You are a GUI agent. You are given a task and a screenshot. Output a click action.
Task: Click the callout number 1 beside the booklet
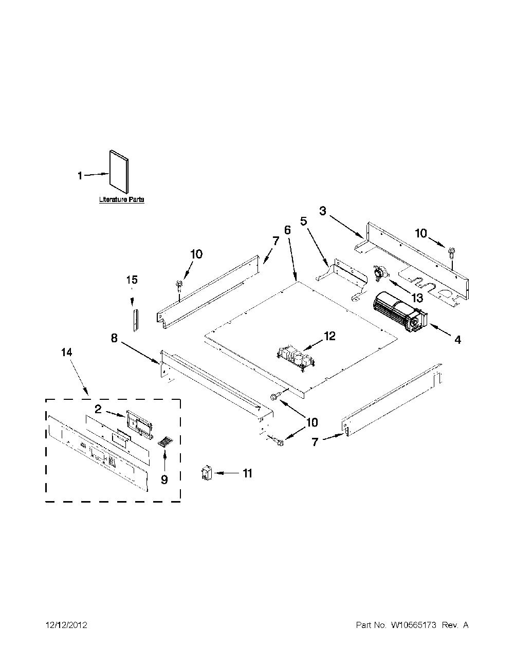pyautogui.click(x=80, y=176)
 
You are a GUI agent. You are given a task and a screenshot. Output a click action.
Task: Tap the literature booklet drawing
pyautogui.click(x=119, y=172)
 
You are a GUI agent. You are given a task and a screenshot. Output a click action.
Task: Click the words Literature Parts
pyautogui.click(x=121, y=199)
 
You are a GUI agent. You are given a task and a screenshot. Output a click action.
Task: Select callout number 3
pyautogui.click(x=323, y=211)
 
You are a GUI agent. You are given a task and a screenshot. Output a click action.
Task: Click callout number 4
pyautogui.click(x=457, y=339)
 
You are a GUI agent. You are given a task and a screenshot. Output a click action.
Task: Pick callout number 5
pyautogui.click(x=303, y=221)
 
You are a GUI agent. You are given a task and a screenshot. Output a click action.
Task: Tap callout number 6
pyautogui.click(x=287, y=230)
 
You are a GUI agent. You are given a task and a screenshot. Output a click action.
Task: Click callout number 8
pyautogui.click(x=114, y=338)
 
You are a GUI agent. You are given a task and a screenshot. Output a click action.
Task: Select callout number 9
pyautogui.click(x=164, y=479)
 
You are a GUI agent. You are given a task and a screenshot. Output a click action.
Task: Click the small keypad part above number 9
pyautogui.click(x=165, y=442)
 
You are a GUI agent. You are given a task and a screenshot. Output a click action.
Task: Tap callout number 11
pyautogui.click(x=247, y=473)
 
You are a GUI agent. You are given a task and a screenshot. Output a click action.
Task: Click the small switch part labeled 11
pyautogui.click(x=207, y=473)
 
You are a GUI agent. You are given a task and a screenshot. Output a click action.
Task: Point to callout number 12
pyautogui.click(x=329, y=336)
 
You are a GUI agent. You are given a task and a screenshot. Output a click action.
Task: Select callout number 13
pyautogui.click(x=417, y=297)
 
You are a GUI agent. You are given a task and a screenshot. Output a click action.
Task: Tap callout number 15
pyautogui.click(x=132, y=280)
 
